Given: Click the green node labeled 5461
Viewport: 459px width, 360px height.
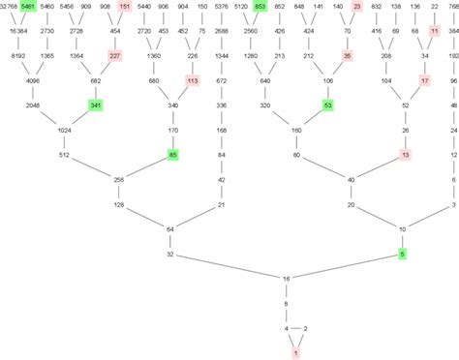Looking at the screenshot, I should coord(28,7).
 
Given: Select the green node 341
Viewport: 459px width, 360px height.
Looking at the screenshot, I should coord(95,105).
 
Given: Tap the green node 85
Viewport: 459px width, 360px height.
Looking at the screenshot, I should coord(173,154).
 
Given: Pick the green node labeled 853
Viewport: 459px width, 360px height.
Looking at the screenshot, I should coord(260,7).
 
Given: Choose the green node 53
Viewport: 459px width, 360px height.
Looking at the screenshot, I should coord(328,105).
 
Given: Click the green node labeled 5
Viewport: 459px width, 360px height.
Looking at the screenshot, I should coord(403,254).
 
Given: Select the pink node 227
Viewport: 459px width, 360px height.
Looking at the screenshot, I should coord(115,56).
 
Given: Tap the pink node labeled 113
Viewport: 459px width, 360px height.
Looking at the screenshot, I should coord(192,81).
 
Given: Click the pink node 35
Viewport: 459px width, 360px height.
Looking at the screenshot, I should coord(348,56).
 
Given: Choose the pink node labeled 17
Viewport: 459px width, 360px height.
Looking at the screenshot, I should coord(424,81).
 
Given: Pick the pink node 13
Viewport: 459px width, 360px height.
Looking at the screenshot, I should coord(405,154).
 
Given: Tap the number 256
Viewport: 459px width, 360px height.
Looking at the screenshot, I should coord(120,179).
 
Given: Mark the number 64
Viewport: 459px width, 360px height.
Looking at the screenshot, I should coord(170,228).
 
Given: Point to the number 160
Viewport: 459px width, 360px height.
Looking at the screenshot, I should coord(296,130).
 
